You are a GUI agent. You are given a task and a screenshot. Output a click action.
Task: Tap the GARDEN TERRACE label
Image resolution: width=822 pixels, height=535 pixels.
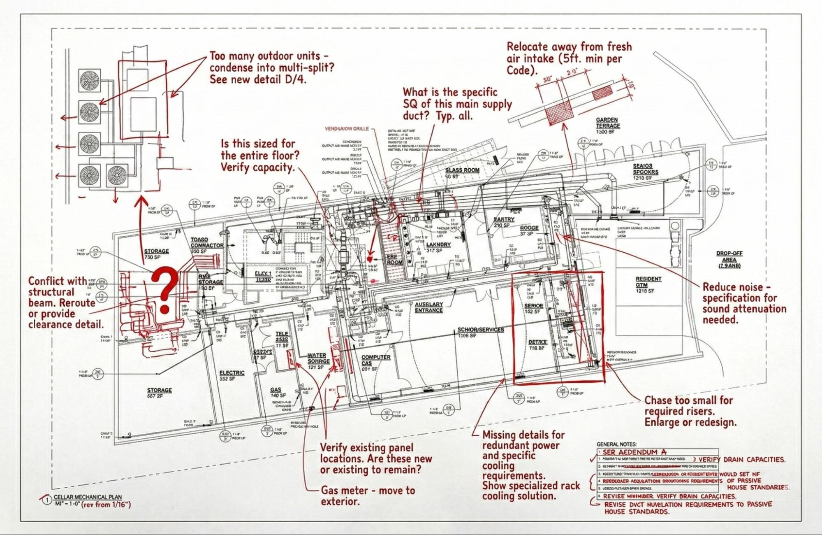pyautogui.click(x=607, y=123)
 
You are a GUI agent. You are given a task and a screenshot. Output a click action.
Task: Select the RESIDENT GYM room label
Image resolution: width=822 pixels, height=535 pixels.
pyautogui.click(x=648, y=282)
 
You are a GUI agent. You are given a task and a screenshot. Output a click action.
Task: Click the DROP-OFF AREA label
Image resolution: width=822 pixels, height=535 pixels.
pyautogui.click(x=729, y=259)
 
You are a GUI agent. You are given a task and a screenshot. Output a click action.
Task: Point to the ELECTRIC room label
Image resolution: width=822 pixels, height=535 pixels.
pyautogui.click(x=232, y=373)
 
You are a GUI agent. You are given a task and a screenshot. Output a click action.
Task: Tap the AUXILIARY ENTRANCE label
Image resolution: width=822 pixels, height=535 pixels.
pyautogui.click(x=428, y=307)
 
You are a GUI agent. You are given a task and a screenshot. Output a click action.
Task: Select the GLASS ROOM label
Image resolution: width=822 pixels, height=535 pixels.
pyautogui.click(x=462, y=170)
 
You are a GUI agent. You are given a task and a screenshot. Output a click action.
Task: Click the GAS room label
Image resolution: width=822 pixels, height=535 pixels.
pyautogui.click(x=276, y=390)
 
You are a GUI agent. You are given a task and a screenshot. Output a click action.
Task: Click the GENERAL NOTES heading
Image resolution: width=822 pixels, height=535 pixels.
pyautogui.click(x=616, y=444)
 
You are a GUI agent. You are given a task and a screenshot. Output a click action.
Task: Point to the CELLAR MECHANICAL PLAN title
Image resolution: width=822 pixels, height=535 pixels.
pyautogui.click(x=88, y=497)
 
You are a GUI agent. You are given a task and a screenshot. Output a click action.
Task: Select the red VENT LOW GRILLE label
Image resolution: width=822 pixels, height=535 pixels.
pyautogui.click(x=346, y=129)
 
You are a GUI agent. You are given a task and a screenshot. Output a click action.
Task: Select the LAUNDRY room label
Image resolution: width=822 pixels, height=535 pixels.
pyautogui.click(x=438, y=244)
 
